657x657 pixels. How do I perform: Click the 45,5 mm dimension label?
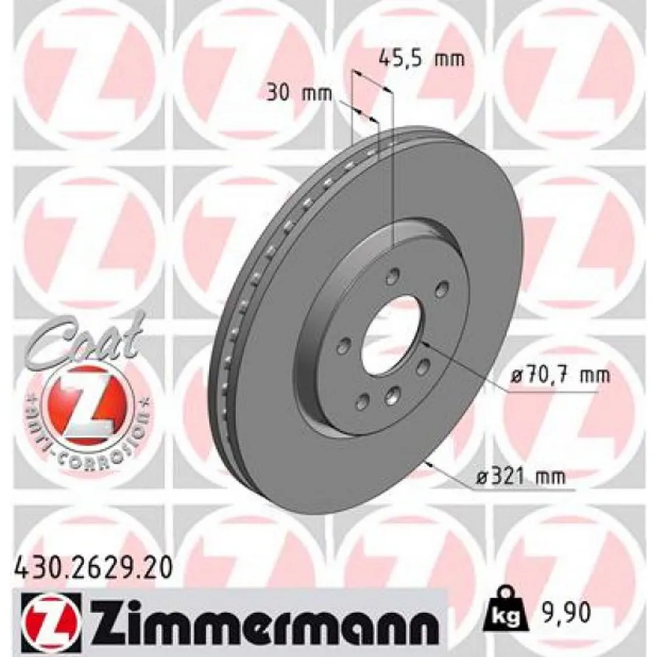pyautogui.click(x=422, y=59)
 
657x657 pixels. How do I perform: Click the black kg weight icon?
pyautogui.click(x=503, y=613)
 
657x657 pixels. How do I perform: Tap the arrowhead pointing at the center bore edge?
pyautogui.click(x=424, y=342)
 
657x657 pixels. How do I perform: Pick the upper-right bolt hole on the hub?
pyautogui.click(x=441, y=287)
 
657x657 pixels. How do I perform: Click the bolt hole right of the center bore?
pyautogui.click(x=423, y=365)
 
